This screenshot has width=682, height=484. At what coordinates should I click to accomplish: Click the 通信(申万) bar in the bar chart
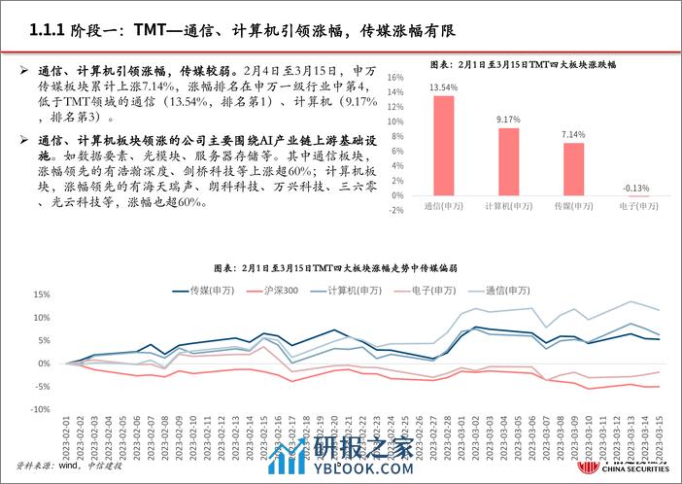(x=444, y=146)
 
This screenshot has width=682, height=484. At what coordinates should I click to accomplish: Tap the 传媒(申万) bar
(x=574, y=170)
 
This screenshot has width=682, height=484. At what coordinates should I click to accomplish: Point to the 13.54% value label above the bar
(x=444, y=86)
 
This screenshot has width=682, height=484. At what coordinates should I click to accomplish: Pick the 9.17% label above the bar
(x=508, y=120)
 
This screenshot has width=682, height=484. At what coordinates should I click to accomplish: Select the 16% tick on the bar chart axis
(x=396, y=77)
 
